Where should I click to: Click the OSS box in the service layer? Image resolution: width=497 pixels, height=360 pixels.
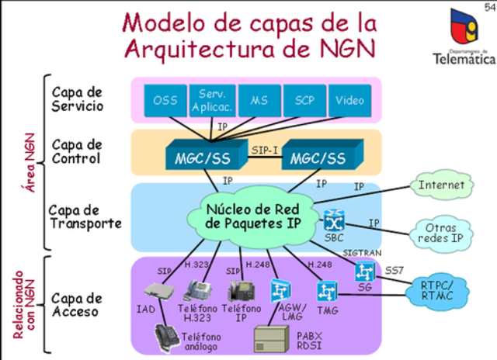[165, 100]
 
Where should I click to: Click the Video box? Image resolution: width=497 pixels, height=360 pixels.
[349, 100]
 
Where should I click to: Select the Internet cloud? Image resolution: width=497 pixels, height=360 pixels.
[441, 185]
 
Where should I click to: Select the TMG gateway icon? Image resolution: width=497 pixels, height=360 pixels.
[325, 291]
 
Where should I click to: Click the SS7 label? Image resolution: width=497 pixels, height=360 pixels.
[394, 269]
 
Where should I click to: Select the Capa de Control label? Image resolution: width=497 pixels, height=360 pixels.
[77, 151]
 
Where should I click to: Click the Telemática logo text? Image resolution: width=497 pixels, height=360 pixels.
[464, 57]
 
